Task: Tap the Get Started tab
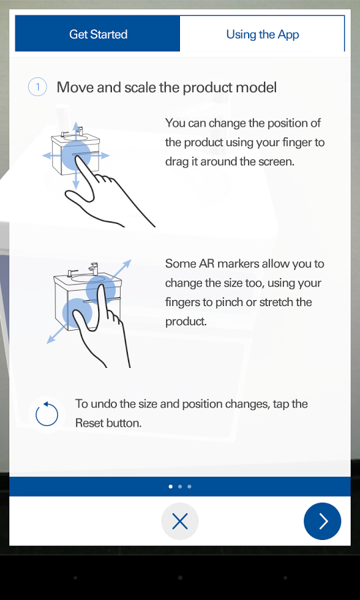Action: [x=97, y=34]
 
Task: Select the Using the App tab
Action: [x=262, y=34]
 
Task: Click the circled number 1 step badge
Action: [x=37, y=87]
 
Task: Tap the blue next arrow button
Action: [x=322, y=521]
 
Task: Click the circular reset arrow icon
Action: [x=47, y=415]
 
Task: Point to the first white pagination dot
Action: [x=170, y=487]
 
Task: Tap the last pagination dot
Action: [x=189, y=487]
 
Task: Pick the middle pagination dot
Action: [x=180, y=487]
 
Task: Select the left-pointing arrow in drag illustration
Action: [x=51, y=155]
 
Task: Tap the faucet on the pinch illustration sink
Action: [x=94, y=268]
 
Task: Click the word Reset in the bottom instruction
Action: [x=89, y=423]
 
